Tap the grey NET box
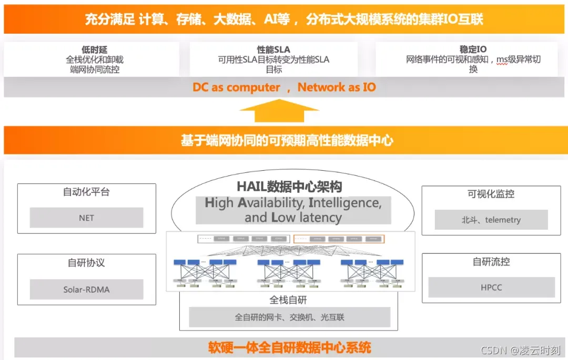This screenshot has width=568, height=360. click(86, 218)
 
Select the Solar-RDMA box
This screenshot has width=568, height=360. click(86, 289)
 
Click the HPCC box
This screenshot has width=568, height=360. click(491, 287)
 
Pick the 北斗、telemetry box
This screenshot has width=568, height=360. click(491, 220)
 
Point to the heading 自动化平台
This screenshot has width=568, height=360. click(86, 192)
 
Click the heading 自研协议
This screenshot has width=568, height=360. click(86, 263)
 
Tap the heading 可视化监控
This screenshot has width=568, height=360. click(491, 194)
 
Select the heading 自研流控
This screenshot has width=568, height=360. click(491, 261)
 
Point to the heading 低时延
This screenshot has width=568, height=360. click(95, 50)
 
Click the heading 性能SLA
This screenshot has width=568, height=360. click(273, 50)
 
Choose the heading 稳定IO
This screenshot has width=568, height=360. click(473, 50)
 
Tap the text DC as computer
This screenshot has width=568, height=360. click(236, 87)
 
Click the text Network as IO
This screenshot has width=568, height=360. click(337, 87)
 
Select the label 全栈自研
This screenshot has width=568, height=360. click(288, 300)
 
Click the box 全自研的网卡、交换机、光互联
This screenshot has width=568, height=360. click(289, 317)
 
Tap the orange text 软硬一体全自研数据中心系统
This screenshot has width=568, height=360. click(289, 347)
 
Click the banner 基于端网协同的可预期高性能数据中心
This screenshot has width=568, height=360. click(287, 140)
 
